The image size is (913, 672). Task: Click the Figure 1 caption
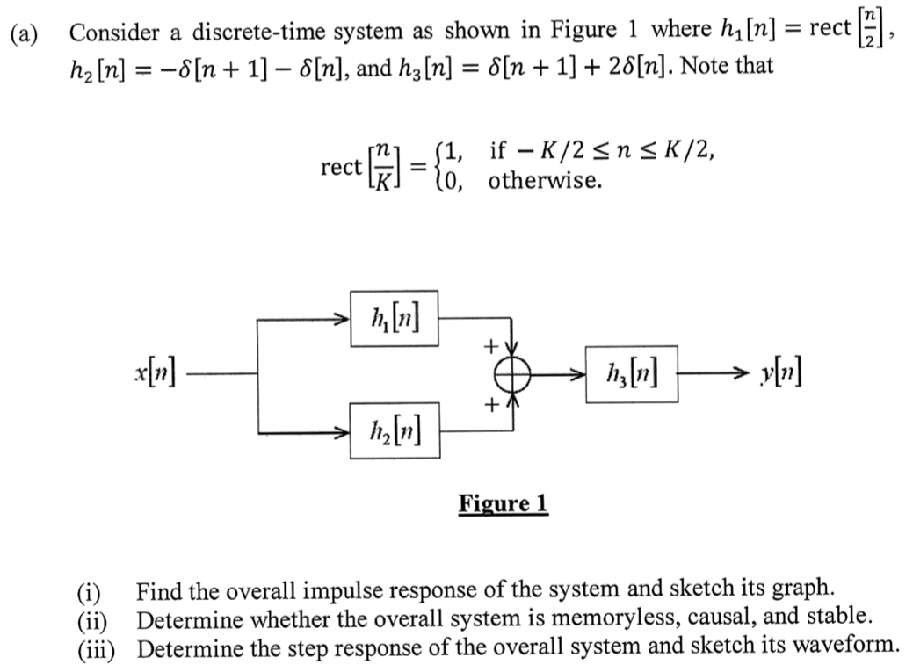503,504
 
